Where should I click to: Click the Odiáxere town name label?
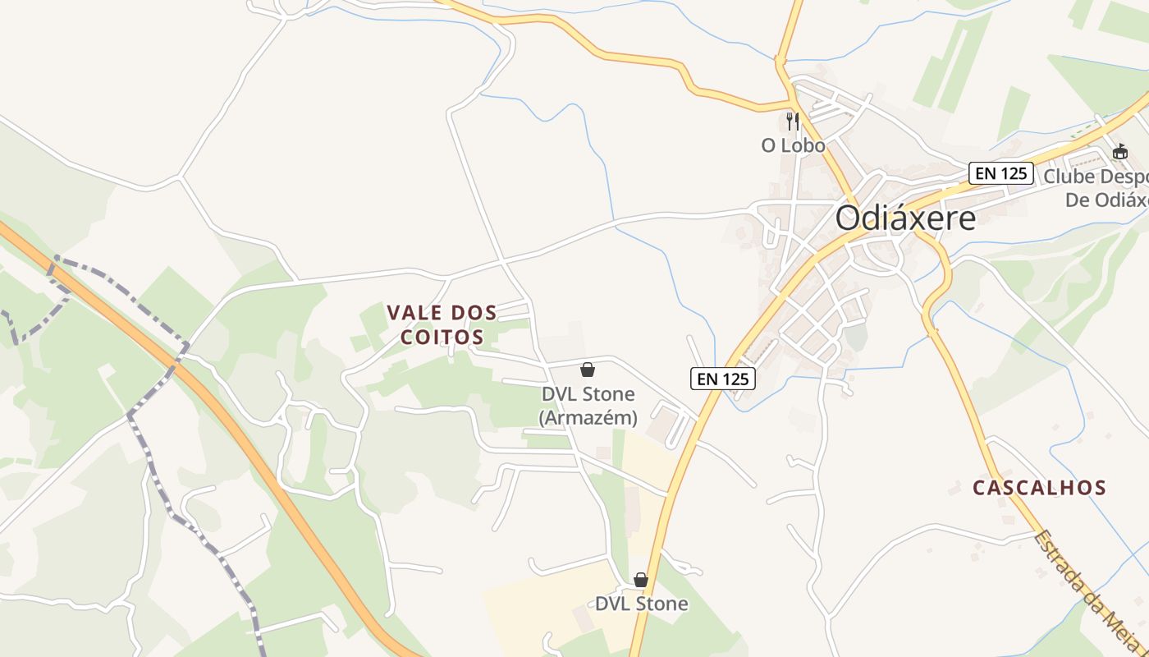point(906,218)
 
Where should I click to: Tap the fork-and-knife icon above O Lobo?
point(792,122)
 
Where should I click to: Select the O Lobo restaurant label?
point(793,145)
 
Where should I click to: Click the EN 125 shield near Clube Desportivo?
point(1000,173)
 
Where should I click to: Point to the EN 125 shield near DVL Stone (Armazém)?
point(722,379)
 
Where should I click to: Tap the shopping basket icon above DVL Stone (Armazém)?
point(588,370)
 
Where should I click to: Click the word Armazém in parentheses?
point(588,417)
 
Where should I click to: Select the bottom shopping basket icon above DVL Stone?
point(641,581)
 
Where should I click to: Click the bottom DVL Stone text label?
point(641,604)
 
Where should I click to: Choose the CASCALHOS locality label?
point(1039,488)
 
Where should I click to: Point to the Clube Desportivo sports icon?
point(1120,152)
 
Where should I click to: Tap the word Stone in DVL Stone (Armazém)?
point(607,394)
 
